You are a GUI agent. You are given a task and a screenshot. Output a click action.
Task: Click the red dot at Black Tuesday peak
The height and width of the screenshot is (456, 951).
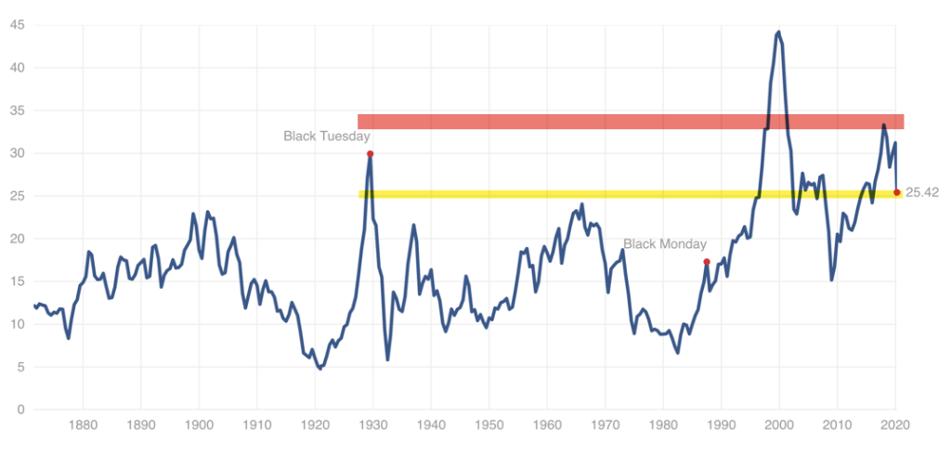point(371,154)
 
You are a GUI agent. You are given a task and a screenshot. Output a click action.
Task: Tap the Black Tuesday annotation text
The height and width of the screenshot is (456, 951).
point(327,137)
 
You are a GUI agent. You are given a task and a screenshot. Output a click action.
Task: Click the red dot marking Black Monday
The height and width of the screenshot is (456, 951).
point(707,262)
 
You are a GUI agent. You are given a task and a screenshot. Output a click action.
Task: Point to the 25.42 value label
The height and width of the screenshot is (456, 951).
point(922,193)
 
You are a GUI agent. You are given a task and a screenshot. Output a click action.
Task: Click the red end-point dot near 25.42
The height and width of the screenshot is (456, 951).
point(897,193)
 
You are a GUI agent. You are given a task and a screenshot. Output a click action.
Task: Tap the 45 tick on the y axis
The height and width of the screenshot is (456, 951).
point(18,25)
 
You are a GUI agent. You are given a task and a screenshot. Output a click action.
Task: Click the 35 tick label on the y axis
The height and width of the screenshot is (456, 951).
point(18,111)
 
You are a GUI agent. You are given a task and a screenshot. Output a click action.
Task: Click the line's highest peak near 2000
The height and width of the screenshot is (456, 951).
point(778,32)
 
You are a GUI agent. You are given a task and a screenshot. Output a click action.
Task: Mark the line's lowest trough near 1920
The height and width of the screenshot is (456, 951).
point(319,369)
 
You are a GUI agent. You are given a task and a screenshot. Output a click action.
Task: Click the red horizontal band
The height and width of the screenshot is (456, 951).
point(631,122)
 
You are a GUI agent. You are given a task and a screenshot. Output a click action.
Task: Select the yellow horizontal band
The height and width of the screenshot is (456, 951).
point(631,194)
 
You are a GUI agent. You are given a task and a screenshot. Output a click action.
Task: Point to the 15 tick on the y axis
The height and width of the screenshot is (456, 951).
point(18,281)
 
